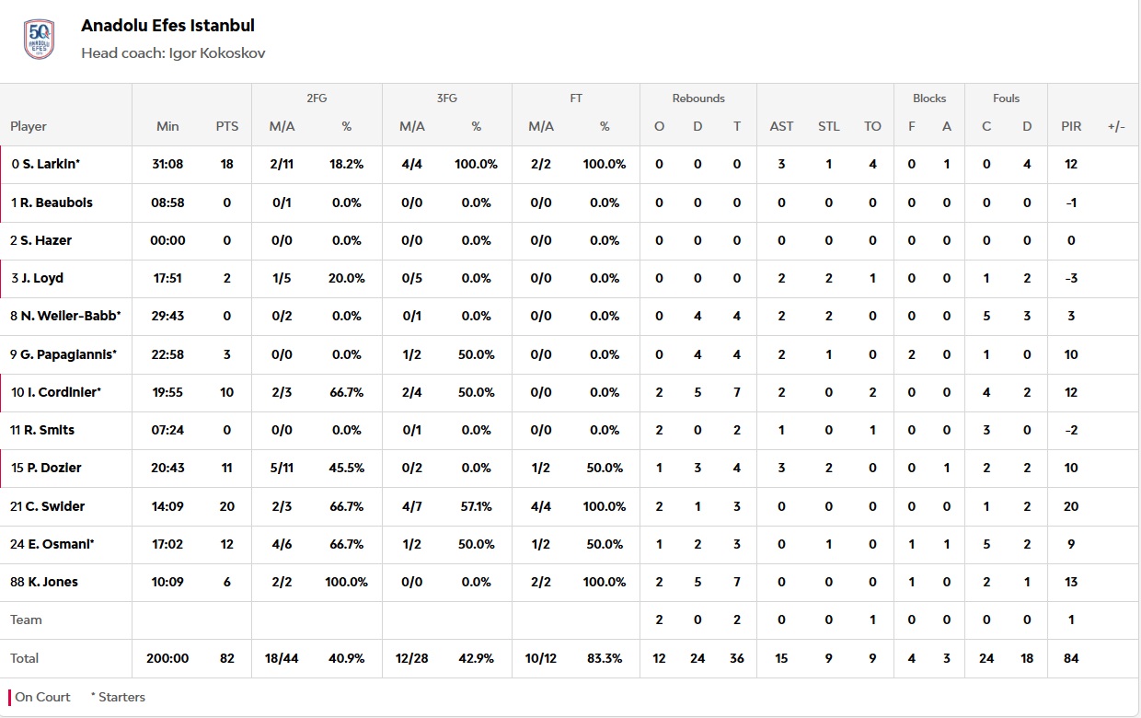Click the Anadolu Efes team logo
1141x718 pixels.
click(x=39, y=39)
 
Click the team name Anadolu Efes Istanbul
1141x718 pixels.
click(x=167, y=26)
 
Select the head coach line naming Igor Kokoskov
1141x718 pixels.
click(x=173, y=53)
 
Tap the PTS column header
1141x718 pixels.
click(x=226, y=126)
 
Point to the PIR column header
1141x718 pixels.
click(x=1071, y=126)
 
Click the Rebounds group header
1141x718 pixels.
click(x=697, y=98)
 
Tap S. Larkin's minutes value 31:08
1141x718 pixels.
click(x=167, y=164)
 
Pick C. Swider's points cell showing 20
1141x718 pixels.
click(x=226, y=506)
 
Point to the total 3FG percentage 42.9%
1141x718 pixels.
click(x=476, y=658)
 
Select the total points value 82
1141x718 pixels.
click(x=226, y=658)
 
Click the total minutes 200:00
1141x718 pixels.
click(x=167, y=658)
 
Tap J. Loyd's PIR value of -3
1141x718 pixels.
click(x=1071, y=278)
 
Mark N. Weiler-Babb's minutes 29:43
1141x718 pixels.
click(x=167, y=316)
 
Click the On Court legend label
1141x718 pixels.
click(x=42, y=697)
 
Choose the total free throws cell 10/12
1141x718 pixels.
click(x=541, y=658)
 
